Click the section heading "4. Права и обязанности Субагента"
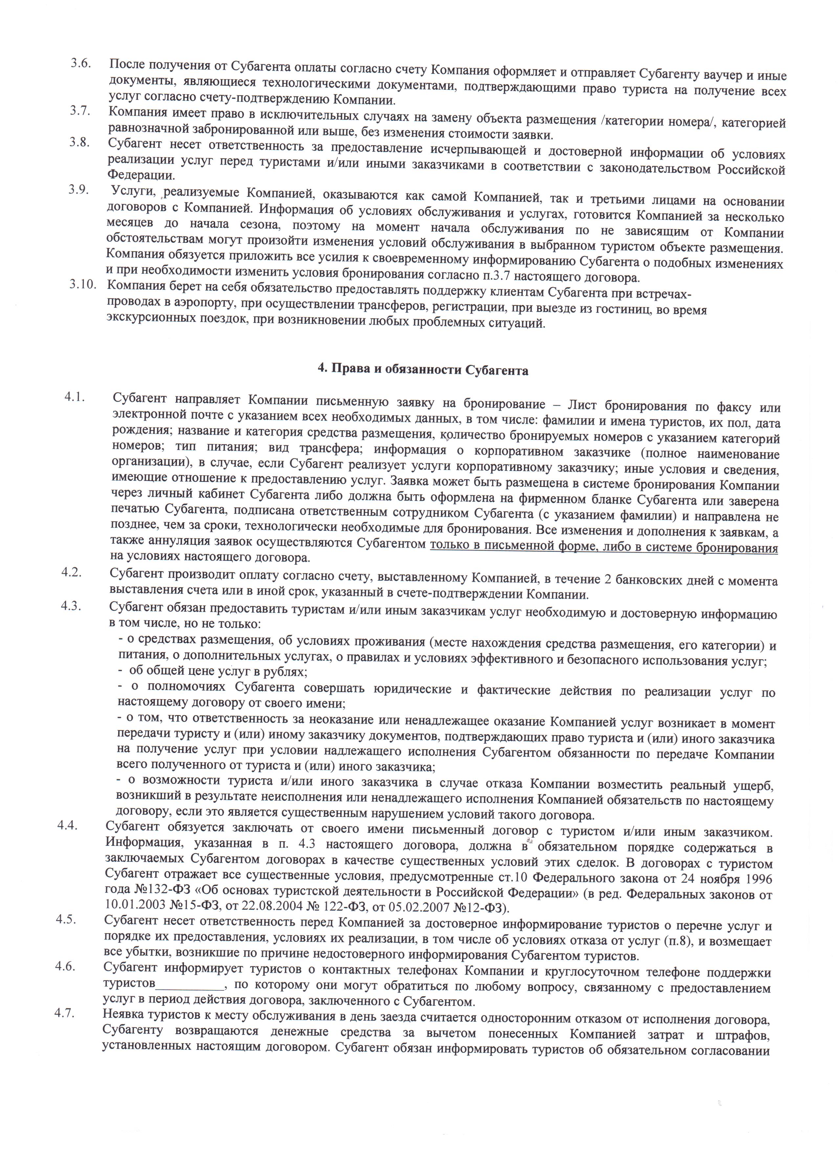click(423, 371)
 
